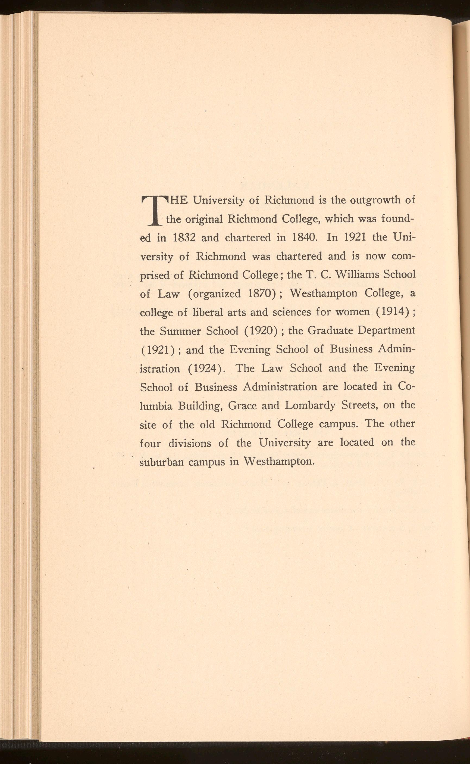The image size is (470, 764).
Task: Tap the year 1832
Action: tap(184, 238)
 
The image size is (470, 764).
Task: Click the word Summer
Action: tap(176, 331)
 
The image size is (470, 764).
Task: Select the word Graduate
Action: tap(330, 331)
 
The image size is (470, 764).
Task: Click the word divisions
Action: tap(189, 443)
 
